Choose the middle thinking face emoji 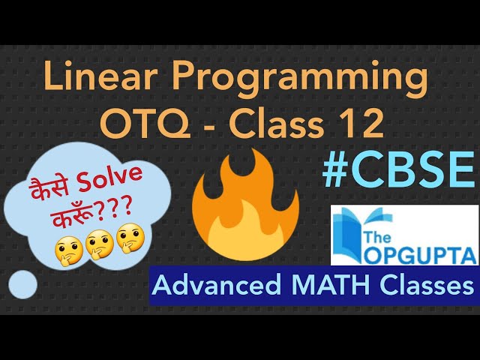97,245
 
